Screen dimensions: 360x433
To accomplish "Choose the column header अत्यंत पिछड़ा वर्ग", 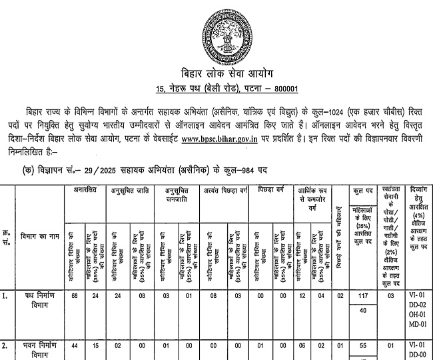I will (x=226, y=191).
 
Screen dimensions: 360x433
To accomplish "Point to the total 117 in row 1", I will (x=363, y=295).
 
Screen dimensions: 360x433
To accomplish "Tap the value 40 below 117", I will (x=363, y=310).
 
